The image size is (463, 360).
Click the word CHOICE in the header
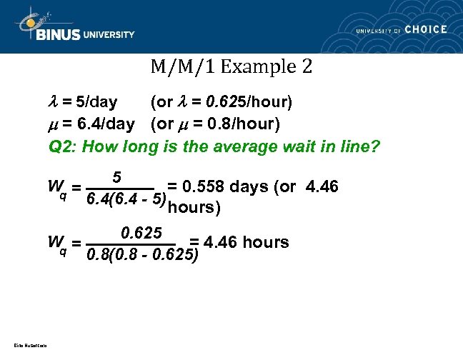click(426, 29)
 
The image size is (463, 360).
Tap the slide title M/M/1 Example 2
click(231, 69)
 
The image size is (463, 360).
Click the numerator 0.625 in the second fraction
click(143, 232)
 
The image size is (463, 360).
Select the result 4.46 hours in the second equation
click(247, 242)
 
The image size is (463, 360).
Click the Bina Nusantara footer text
click(26, 346)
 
